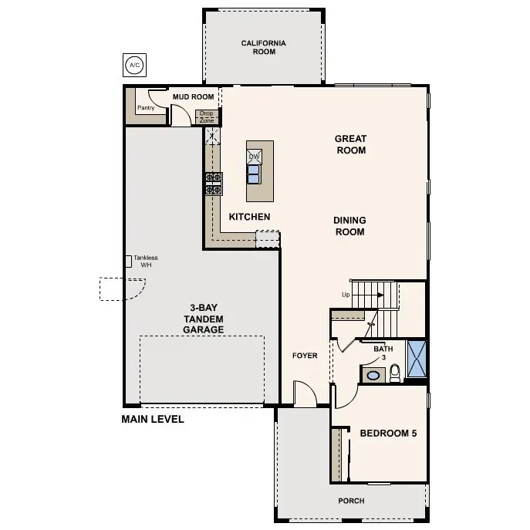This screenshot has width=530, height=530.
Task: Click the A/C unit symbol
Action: [x=134, y=64]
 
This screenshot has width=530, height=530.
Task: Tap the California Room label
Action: [x=263, y=48]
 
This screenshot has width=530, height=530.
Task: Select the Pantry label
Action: [x=145, y=108]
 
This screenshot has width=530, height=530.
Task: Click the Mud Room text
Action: [x=192, y=96]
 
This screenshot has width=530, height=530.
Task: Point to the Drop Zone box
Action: [x=207, y=117]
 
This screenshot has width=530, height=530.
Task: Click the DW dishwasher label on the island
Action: [x=254, y=156]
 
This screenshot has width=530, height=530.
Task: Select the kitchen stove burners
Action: [x=213, y=184]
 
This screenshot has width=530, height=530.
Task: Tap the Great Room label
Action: [x=350, y=144]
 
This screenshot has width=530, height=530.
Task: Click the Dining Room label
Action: [x=349, y=226]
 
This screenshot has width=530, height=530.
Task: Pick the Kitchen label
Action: [x=249, y=217]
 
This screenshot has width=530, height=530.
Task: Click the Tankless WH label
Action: [x=145, y=262]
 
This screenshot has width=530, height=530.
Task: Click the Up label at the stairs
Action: [x=348, y=295]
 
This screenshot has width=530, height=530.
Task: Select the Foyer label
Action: [x=305, y=356]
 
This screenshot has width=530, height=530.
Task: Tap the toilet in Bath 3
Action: [x=395, y=373]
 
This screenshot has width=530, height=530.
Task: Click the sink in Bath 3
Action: [x=373, y=375]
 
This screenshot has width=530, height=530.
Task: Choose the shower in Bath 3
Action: [x=417, y=359]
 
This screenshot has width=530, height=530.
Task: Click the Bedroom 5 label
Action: [x=388, y=434]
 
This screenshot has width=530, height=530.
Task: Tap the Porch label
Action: [x=351, y=501]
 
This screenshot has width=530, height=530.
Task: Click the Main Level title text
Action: [x=153, y=420]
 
